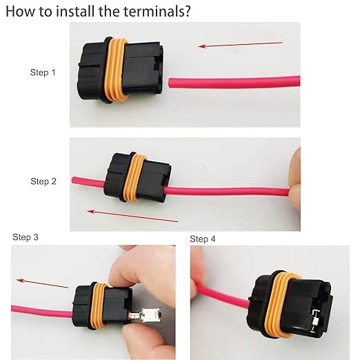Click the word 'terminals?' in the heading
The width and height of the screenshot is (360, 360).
[157, 11]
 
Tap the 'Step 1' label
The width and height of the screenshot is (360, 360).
[43, 72]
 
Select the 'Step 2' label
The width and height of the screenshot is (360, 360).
[43, 181]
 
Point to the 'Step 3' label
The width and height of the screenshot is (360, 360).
[26, 237]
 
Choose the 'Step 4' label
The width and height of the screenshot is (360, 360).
[203, 239]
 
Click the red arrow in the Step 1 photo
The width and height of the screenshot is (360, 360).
[240, 44]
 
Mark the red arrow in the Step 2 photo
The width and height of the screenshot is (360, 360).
[132, 216]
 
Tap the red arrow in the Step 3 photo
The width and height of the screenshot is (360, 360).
[42, 283]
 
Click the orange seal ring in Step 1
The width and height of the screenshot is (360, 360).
[115, 70]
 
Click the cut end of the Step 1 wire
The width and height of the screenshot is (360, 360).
[170, 83]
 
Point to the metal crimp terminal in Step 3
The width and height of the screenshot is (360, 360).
[146, 315]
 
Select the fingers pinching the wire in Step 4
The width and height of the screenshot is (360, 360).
[197, 274]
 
